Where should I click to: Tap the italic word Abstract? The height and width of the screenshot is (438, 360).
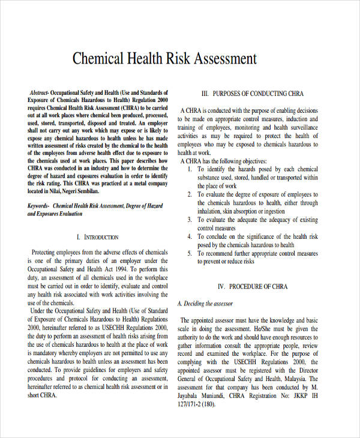pos(39,94)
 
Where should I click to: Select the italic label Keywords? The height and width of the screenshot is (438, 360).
pos(39,205)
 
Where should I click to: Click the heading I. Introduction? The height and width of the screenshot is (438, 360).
pos(98,237)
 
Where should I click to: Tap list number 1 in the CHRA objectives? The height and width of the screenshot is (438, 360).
pos(190,169)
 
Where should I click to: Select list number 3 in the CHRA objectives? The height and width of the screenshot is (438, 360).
pos(190,220)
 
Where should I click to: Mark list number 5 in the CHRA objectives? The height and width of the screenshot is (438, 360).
pos(190,254)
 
